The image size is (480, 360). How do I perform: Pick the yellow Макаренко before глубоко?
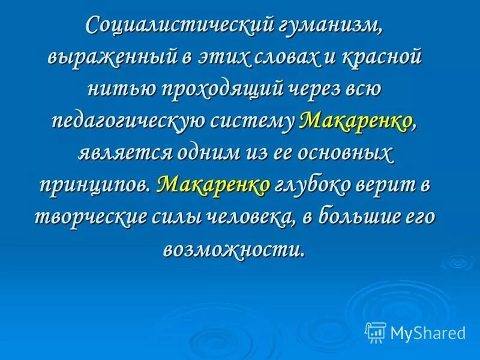click(214, 185)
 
